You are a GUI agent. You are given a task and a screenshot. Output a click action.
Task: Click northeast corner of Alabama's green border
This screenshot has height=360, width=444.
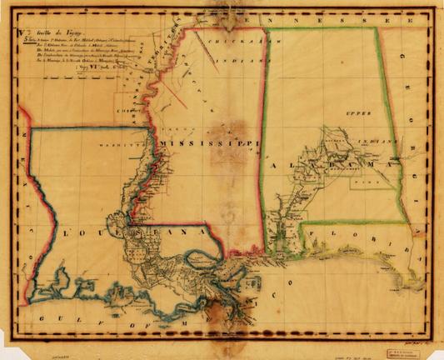click(x=377, y=28)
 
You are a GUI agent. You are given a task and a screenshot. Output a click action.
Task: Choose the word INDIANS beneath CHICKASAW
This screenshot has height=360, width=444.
click(x=227, y=60)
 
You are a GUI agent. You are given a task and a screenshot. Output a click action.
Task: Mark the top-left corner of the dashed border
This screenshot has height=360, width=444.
click(x=10, y=11)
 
